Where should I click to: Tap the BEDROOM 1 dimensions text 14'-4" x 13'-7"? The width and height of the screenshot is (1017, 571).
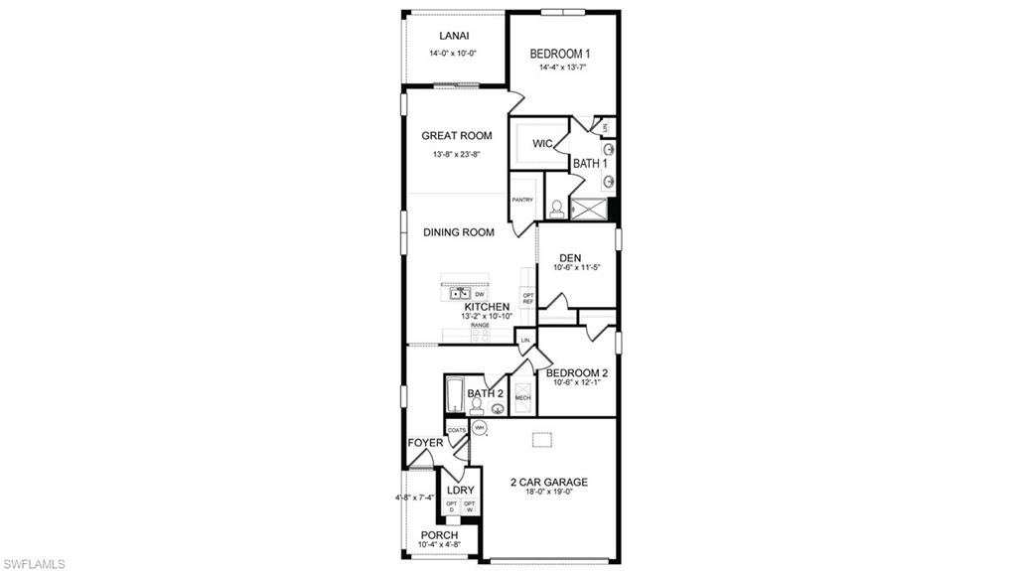click(x=562, y=69)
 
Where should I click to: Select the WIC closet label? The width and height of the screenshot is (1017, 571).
click(x=542, y=144)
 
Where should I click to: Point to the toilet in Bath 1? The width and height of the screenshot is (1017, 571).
click(x=557, y=209)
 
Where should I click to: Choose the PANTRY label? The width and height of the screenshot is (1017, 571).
click(x=522, y=200)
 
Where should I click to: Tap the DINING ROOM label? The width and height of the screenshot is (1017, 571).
click(x=459, y=232)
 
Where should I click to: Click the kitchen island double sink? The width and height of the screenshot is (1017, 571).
click(x=460, y=293)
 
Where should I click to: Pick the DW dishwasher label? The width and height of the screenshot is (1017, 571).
click(x=479, y=295)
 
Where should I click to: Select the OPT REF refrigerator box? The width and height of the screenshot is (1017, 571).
click(x=528, y=298)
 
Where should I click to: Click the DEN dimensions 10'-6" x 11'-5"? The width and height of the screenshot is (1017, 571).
click(x=576, y=268)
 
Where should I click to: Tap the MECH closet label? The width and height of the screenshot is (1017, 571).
click(x=522, y=398)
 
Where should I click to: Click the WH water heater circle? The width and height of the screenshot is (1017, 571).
click(x=479, y=428)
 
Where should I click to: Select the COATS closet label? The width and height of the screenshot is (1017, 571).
click(x=456, y=430)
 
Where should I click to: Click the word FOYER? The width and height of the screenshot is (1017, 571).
click(x=424, y=443)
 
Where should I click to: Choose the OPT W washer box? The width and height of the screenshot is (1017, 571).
click(x=469, y=506)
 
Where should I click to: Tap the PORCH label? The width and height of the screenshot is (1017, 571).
click(x=438, y=535)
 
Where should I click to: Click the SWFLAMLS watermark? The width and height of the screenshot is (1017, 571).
click(x=34, y=563)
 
